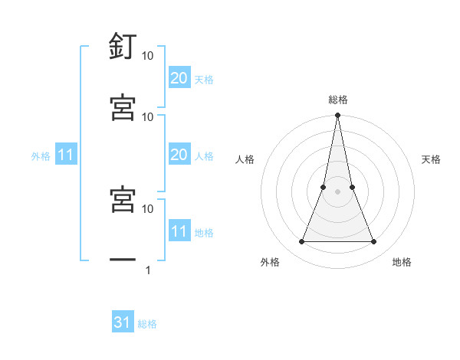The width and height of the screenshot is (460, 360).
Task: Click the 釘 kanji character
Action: (123, 48)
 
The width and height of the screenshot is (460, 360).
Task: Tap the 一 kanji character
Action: (123, 261)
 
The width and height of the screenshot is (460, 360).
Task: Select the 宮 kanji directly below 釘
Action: (123, 108)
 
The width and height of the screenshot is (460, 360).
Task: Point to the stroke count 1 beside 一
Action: (147, 270)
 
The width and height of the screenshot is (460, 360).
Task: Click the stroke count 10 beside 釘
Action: (148, 56)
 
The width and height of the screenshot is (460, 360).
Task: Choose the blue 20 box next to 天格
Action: (179, 78)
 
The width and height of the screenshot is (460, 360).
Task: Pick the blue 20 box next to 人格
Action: (179, 155)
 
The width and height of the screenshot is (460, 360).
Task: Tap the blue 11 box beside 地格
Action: (179, 231)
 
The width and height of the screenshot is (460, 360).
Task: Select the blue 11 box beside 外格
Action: (66, 155)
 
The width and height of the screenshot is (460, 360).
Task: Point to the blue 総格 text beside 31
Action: (148, 324)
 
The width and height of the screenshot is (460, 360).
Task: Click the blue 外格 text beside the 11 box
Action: (41, 156)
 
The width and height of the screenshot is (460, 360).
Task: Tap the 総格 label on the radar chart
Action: (338, 100)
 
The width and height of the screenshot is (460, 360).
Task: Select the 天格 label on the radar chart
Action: (432, 159)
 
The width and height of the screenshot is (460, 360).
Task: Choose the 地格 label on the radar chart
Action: (402, 262)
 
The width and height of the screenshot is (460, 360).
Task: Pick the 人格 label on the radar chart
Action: (245, 159)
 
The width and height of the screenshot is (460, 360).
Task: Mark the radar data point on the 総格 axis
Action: (337, 116)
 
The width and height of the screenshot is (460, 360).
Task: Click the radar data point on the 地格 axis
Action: (374, 242)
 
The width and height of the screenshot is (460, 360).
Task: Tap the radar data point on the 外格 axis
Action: (301, 242)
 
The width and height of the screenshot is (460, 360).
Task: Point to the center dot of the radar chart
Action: (337, 191)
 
